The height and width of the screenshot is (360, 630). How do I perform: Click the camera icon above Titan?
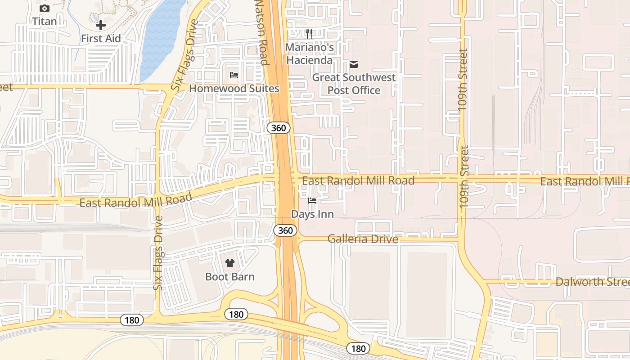44,8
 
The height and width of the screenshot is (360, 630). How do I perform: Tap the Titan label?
44,21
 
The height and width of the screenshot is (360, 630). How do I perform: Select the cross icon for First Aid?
101,25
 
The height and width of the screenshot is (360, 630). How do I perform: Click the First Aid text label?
101,39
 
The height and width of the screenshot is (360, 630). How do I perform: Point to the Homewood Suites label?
234,88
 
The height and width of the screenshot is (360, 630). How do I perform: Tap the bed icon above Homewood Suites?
234,75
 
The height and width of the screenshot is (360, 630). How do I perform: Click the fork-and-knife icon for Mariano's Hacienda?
309,34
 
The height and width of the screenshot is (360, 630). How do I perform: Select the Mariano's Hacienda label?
310,54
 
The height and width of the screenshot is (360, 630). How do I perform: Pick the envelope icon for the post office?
354,64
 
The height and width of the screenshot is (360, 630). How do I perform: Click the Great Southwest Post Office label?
354,84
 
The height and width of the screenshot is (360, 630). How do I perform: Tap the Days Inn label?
312,214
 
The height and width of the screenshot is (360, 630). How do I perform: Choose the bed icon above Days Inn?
312,201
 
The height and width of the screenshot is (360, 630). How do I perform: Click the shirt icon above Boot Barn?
230,263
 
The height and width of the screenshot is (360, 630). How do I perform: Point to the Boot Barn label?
230,277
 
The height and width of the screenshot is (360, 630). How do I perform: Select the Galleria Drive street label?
363,239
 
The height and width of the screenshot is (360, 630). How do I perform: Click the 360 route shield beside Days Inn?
285,231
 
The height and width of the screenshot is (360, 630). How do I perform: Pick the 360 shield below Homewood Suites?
279,128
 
